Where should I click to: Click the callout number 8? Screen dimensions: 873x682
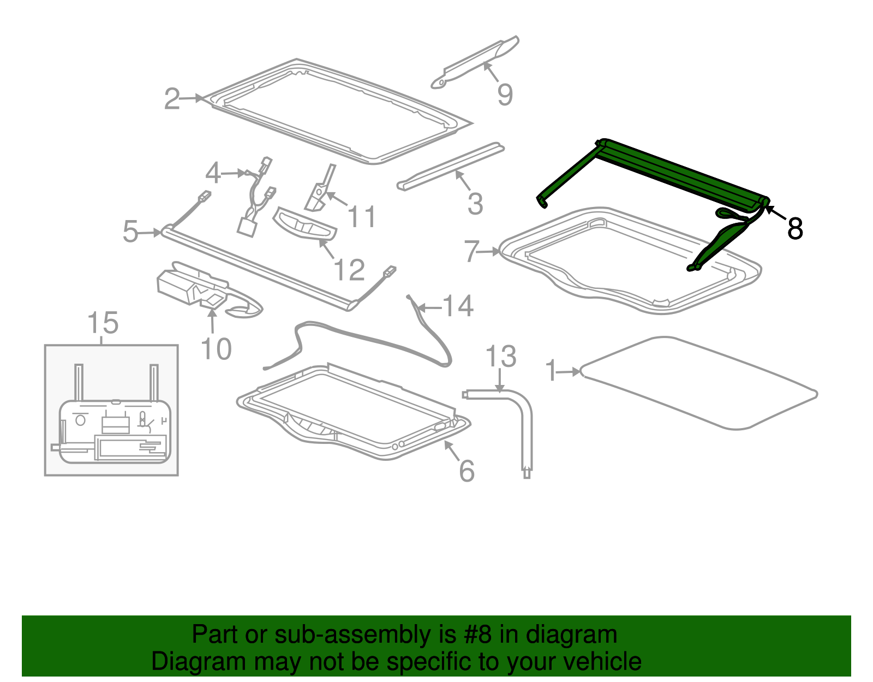click(x=794, y=229)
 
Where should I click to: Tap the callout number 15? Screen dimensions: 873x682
click(x=103, y=323)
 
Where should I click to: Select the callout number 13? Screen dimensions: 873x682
click(x=500, y=357)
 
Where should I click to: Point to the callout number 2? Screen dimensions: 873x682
click(x=172, y=99)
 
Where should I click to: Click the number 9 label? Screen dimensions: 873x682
click(x=505, y=94)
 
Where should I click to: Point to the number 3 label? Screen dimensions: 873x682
click(x=475, y=204)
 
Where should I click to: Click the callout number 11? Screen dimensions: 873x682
click(x=361, y=217)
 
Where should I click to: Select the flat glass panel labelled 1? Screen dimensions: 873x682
click(x=699, y=384)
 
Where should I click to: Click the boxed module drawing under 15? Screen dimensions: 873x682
click(x=111, y=410)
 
